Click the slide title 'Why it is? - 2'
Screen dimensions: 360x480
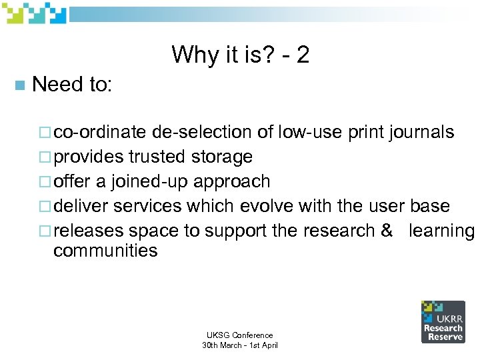(x=240, y=55)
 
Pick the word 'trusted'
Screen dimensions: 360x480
(x=159, y=157)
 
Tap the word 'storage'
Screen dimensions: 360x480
(x=223, y=157)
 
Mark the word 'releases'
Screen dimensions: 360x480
(x=88, y=231)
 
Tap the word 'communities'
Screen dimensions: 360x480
(x=105, y=251)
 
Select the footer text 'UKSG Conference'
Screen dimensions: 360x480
(x=239, y=335)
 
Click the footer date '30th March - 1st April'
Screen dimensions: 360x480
(x=239, y=345)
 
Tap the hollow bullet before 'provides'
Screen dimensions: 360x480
(x=46, y=157)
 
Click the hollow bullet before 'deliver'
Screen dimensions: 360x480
(x=46, y=207)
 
